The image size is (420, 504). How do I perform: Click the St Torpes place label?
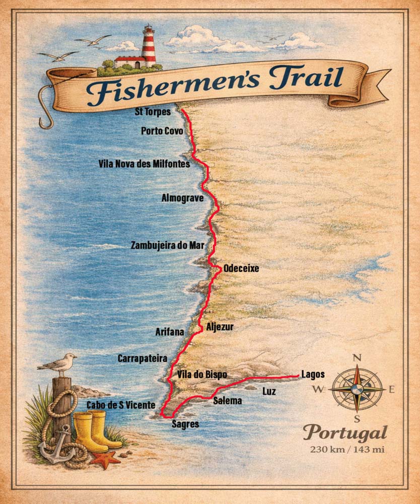point(153,112)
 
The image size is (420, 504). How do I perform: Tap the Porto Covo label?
point(162,131)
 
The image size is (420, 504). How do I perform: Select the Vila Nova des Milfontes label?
point(145,164)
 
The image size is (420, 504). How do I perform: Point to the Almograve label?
point(182,198)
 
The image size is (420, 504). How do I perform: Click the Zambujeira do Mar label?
point(168,245)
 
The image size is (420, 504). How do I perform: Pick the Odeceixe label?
point(241,269)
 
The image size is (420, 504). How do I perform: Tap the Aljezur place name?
point(220,327)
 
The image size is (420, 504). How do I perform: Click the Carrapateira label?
point(142,358)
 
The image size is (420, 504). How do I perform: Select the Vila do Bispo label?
point(202,375)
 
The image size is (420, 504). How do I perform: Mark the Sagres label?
point(185,424)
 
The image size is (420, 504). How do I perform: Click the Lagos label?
point(313,374)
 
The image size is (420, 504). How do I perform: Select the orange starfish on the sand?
point(106,459)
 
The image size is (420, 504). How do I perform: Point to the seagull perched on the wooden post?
point(59,364)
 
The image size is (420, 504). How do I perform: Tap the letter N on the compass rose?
point(357,358)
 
